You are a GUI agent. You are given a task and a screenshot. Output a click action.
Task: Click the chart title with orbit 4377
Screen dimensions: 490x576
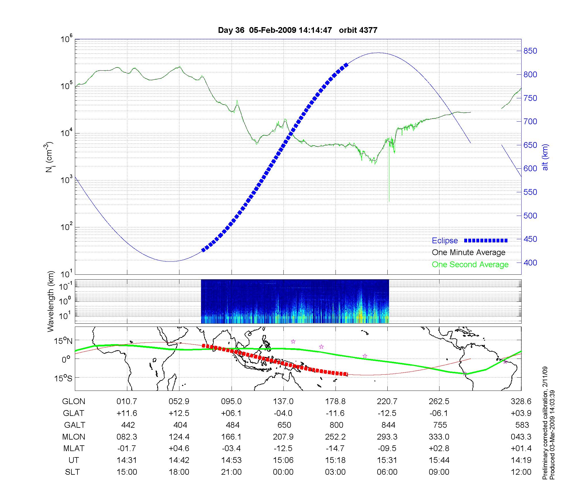pos(298,30)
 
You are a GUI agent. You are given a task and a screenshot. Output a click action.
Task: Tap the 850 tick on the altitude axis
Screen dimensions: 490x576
pos(530,51)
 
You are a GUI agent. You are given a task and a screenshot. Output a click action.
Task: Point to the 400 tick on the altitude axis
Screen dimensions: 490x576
pos(530,263)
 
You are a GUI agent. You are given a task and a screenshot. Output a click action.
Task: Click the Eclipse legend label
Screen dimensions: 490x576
pos(445,241)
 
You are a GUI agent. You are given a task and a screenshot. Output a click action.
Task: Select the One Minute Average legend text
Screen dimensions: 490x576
pos(469,252)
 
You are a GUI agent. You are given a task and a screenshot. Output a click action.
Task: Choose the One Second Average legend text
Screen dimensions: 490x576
pos(470,265)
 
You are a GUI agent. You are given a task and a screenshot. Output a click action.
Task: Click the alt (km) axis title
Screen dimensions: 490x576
pos(545,157)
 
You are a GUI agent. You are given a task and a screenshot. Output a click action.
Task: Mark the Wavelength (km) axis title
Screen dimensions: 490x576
pos(51,301)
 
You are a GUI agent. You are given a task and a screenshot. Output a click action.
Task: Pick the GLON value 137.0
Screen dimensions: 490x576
pos(283,402)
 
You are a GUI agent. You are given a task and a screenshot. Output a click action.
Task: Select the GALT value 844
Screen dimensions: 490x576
pos(387,425)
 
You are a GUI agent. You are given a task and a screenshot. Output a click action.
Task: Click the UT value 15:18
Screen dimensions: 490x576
pos(336,460)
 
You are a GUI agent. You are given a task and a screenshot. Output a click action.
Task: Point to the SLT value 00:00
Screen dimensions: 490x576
pos(283,472)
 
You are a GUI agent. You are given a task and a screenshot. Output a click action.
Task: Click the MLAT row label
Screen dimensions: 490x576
pos(74,448)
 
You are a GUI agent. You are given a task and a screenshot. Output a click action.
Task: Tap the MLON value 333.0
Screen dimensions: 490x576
pos(439,437)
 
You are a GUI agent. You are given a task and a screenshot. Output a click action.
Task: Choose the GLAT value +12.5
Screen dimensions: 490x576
pos(179,413)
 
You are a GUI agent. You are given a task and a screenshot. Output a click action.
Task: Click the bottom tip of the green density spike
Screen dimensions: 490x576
pos(389,201)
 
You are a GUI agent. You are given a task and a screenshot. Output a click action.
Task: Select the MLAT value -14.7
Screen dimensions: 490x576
pos(336,448)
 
